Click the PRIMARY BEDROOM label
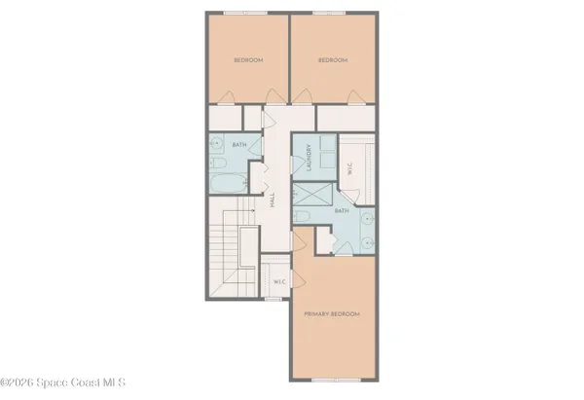point(333,314)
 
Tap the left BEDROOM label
point(249,60)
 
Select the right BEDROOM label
point(333,60)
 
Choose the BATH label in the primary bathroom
point(342,210)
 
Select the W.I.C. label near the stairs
point(278,283)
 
